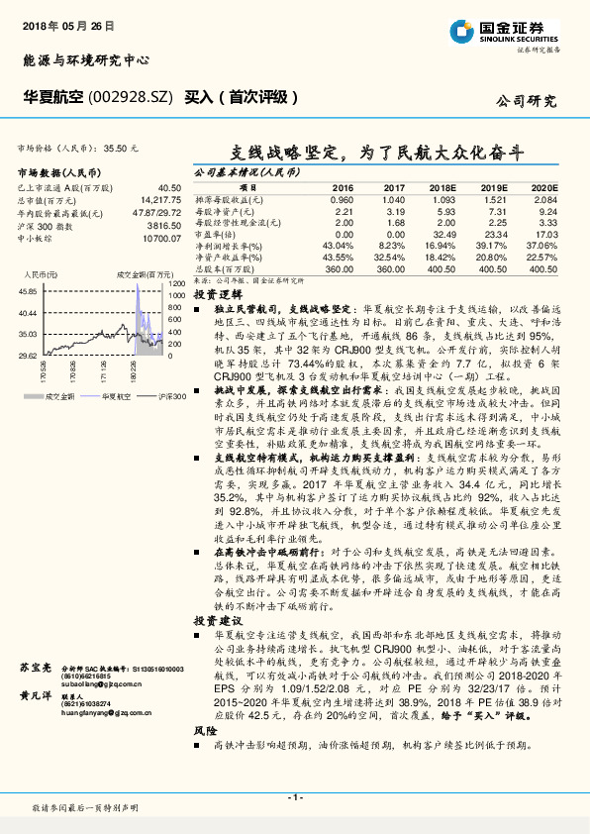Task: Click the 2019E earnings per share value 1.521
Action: click(492, 198)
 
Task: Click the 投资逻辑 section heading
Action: click(217, 295)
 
